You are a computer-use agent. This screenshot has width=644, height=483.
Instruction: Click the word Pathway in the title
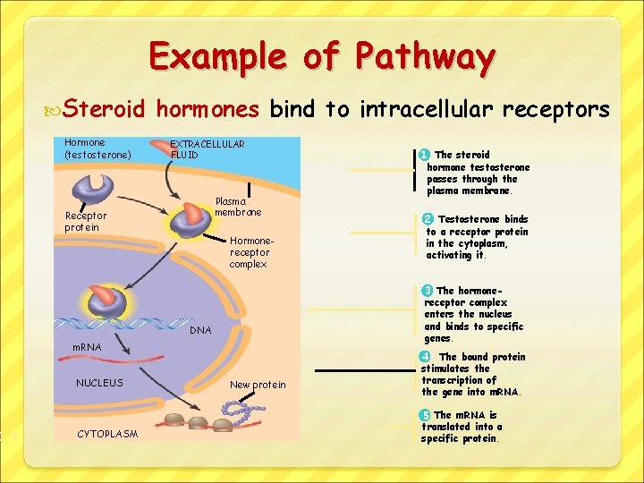click(x=425, y=57)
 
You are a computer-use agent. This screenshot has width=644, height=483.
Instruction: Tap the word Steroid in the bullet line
click(x=105, y=110)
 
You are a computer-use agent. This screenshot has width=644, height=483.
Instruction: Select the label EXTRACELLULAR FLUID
click(x=208, y=149)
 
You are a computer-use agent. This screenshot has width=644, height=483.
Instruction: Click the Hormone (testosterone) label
click(x=97, y=148)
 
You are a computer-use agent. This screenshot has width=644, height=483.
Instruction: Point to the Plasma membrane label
click(x=238, y=207)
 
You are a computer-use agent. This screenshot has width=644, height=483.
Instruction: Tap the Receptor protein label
click(x=86, y=221)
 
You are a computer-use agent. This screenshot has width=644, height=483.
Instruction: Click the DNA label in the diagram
click(x=201, y=331)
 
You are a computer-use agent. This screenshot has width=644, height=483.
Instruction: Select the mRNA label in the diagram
click(x=87, y=346)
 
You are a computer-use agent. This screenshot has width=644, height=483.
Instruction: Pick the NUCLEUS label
click(x=99, y=383)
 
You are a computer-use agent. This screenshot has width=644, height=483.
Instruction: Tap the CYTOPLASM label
click(x=108, y=434)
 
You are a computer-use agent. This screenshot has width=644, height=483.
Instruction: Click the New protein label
click(x=258, y=385)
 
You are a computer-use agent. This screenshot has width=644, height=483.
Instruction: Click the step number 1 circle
click(x=424, y=155)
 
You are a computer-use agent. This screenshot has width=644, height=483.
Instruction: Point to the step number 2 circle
click(x=428, y=219)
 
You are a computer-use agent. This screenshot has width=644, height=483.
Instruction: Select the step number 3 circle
click(x=428, y=291)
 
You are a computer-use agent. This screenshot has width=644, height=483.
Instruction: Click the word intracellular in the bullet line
click(x=426, y=110)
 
